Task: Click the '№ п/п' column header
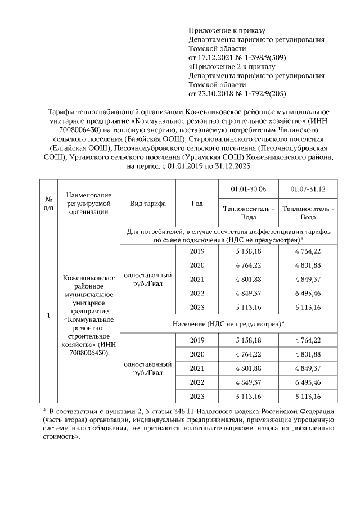pyautogui.click(x=48, y=204)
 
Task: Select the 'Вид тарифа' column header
pyautogui.click(x=147, y=204)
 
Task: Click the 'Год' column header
pyautogui.click(x=197, y=204)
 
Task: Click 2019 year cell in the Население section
pyautogui.click(x=197, y=340)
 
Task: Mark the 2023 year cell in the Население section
pyautogui.click(x=197, y=396)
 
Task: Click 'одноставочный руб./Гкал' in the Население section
pyautogui.click(x=147, y=368)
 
